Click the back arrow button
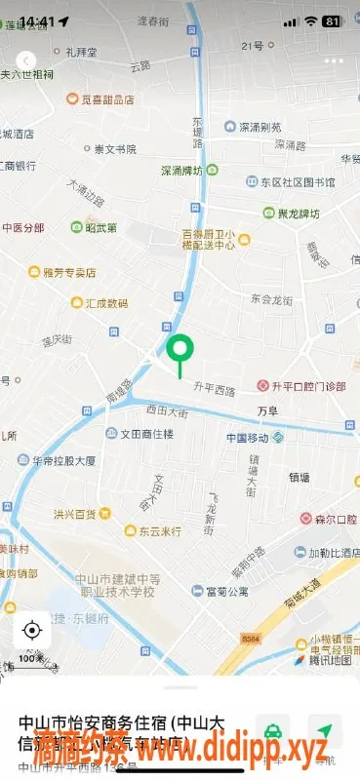pyautogui.click(x=26, y=60)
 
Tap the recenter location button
pyautogui.click(x=31, y=630)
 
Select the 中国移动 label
pyautogui.click(x=249, y=438)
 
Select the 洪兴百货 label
pyautogui.click(x=75, y=514)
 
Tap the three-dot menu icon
pyautogui.click(x=335, y=60)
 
